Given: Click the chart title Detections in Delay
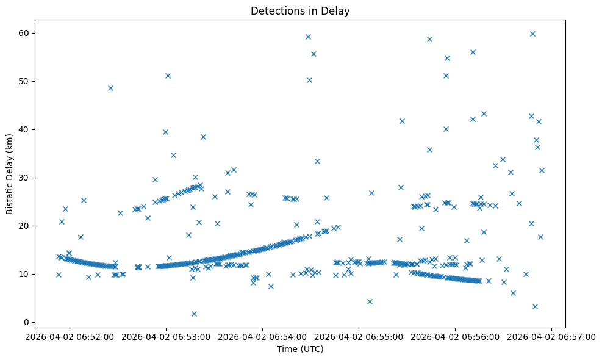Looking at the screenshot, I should tap(300, 10).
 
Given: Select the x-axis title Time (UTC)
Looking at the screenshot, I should tap(300, 350).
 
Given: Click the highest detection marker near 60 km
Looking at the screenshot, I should tap(532, 34).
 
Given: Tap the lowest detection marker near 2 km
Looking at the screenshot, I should tap(194, 314).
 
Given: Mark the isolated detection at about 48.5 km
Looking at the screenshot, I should tap(110, 88).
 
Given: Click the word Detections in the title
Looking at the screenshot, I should tap(273, 10).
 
